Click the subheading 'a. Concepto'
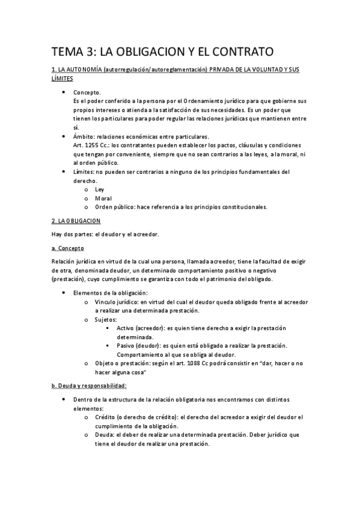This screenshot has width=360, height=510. (67, 248)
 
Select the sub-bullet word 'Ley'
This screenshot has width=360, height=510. (99, 189)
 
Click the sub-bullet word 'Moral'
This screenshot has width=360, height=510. (103, 198)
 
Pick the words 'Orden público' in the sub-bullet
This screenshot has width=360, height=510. (115, 207)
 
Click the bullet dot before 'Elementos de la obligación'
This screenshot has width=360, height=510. (64, 292)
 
